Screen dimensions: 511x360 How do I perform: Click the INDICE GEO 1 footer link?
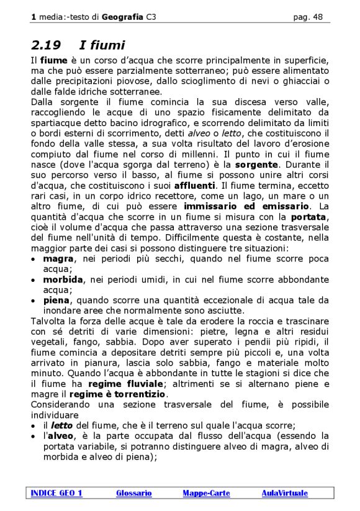click(x=56, y=494)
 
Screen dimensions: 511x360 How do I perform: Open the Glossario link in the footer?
click(x=133, y=494)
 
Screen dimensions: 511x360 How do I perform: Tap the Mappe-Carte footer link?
click(x=206, y=494)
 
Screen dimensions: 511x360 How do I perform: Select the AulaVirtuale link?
click(x=284, y=494)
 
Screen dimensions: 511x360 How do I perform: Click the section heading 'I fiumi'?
click(x=102, y=45)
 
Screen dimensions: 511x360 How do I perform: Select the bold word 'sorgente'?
click(x=257, y=166)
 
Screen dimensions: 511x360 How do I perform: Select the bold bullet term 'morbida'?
click(x=63, y=279)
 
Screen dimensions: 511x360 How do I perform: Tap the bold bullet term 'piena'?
click(x=56, y=301)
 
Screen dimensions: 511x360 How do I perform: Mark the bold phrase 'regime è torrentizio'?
click(x=118, y=394)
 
